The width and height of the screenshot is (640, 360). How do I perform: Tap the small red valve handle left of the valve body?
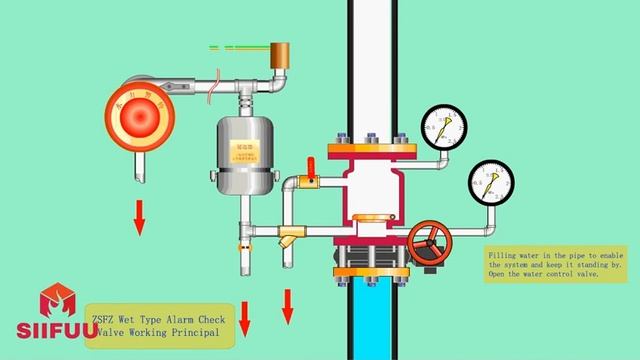(311, 178)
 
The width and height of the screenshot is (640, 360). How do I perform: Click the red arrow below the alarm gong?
(139, 215)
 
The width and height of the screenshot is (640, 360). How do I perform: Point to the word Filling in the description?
(504, 256)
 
